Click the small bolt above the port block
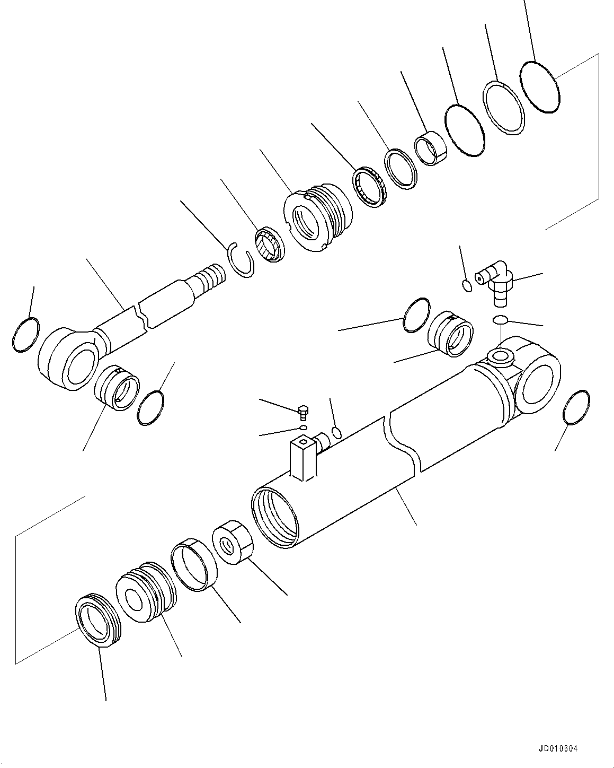click(x=304, y=412)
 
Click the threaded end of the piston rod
click(x=210, y=277)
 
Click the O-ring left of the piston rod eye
click(x=25, y=334)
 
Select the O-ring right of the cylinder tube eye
click(x=576, y=407)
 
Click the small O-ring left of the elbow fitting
click(x=467, y=285)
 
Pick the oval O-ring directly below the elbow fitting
click(x=500, y=320)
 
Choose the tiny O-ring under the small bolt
click(x=302, y=427)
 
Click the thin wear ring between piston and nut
click(x=194, y=564)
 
